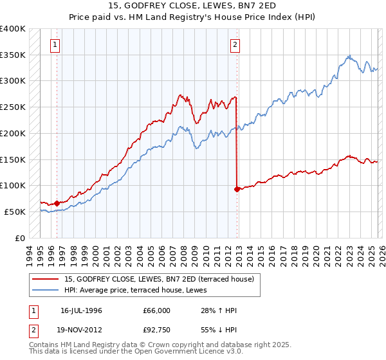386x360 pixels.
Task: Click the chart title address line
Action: tap(192, 6)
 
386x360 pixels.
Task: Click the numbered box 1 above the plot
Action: tap(56, 44)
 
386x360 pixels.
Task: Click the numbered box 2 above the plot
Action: tap(235, 44)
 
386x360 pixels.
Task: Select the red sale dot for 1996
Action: tap(57, 203)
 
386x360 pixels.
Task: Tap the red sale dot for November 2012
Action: tap(237, 189)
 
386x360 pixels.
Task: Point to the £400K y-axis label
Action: tap(13, 29)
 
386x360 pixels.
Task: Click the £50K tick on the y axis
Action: tap(14, 212)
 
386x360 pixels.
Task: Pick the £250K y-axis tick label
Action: tap(13, 107)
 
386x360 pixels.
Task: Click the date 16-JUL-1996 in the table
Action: tap(81, 310)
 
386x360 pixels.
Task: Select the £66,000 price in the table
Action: tap(156, 310)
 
